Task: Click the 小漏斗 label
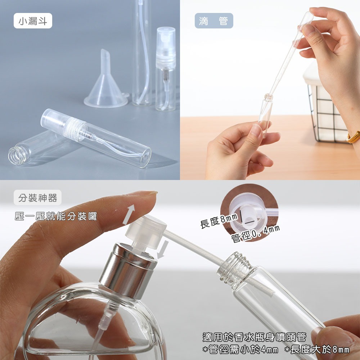pyautogui.click(x=33, y=21)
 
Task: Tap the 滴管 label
pyautogui.click(x=213, y=21)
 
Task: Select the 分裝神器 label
pyautogui.click(x=38, y=198)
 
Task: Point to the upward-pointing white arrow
pyautogui.click(x=130, y=214)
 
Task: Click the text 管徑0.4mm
pyautogui.click(x=255, y=233)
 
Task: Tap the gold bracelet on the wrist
pyautogui.click(x=353, y=137)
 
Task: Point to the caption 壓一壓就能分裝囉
pyautogui.click(x=56, y=216)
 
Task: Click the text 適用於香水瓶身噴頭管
pyautogui.click(x=254, y=337)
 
